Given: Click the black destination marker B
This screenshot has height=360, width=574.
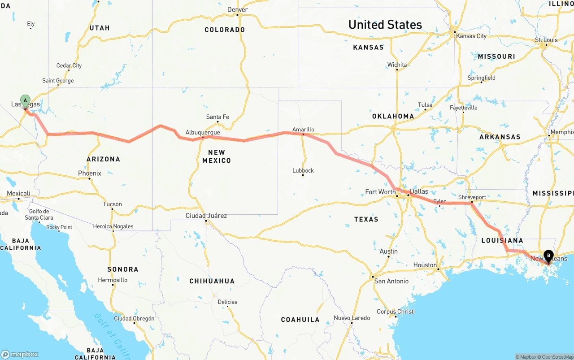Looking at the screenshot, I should [x=548, y=256].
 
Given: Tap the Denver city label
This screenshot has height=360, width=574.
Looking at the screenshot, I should [x=238, y=9].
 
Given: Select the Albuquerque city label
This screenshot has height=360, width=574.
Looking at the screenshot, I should [x=203, y=133].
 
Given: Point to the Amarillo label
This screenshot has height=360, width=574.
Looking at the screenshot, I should [x=303, y=130].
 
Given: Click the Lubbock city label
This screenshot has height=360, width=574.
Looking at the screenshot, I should [x=303, y=170].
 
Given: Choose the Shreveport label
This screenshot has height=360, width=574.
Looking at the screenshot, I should [x=472, y=197].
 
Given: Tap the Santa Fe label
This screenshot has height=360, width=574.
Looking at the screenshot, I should [x=217, y=117].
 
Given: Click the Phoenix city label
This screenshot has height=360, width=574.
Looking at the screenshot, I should [x=90, y=173].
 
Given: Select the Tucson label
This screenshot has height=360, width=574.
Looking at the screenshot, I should [x=113, y=204].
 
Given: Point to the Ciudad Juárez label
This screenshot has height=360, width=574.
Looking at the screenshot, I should [x=206, y=216].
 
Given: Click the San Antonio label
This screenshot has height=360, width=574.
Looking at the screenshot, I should [x=391, y=281].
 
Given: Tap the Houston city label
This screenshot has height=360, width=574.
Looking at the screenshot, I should [x=425, y=265].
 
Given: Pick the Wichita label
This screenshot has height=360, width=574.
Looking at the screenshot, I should [x=397, y=65].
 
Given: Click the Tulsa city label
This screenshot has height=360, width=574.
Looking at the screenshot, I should [x=425, y=105].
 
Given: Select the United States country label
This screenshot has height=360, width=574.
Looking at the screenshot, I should [x=385, y=24].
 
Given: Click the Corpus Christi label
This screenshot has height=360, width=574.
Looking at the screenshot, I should [x=396, y=312].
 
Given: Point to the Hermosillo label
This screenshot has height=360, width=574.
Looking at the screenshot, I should [x=113, y=280].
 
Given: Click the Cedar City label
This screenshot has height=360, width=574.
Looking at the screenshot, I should [x=69, y=65].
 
